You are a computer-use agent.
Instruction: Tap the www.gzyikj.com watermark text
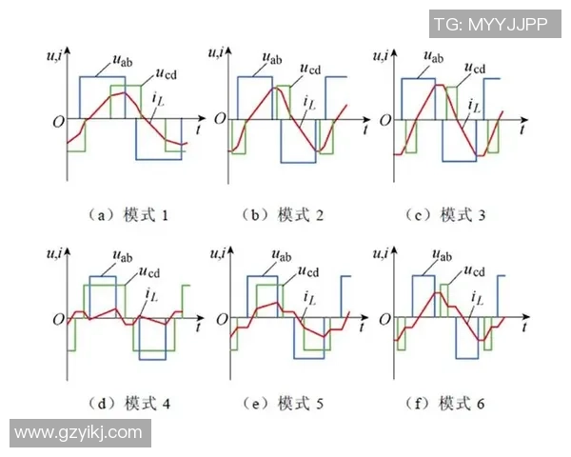click(77, 432)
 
